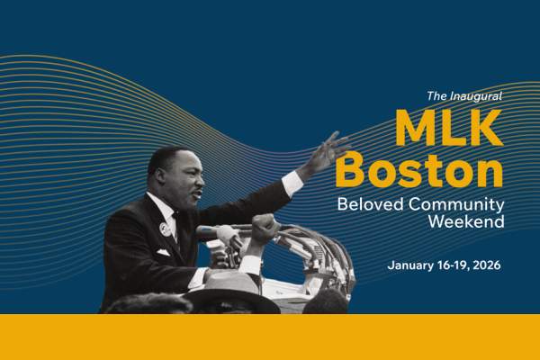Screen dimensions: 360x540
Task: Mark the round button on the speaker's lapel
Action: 165,229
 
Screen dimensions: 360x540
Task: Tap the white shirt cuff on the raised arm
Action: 292,183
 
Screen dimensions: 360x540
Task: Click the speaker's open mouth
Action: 198,193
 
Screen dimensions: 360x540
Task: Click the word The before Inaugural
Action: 436,95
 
